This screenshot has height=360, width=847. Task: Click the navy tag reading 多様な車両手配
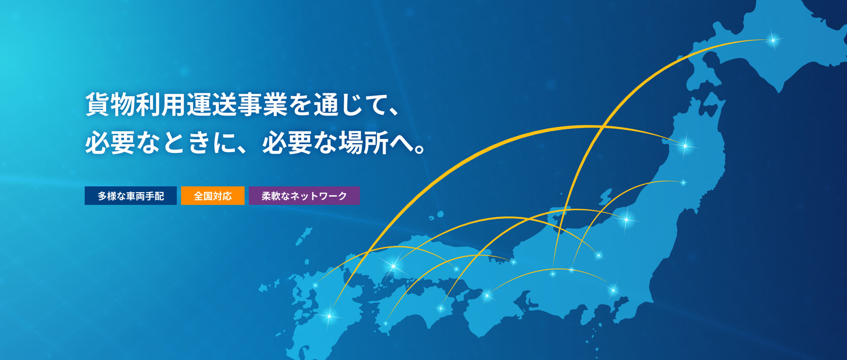(x=131, y=196)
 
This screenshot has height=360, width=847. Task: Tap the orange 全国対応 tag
(x=213, y=196)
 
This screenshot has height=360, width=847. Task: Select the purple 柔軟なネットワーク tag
(x=304, y=196)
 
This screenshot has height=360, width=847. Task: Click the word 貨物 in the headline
(x=111, y=105)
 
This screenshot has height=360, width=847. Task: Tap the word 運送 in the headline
(x=212, y=105)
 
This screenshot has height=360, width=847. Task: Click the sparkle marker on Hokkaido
(x=773, y=40)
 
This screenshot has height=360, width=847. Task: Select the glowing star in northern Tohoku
(x=685, y=145)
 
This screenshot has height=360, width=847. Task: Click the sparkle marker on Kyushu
(x=329, y=316)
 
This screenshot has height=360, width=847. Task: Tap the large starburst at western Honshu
(x=393, y=266)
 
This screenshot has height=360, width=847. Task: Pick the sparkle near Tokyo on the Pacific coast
(x=613, y=290)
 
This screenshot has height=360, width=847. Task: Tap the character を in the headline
(x=301, y=105)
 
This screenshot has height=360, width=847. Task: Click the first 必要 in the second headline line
(x=111, y=143)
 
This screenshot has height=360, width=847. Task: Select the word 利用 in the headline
(x=161, y=105)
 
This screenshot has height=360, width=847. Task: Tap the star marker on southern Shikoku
(x=385, y=323)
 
